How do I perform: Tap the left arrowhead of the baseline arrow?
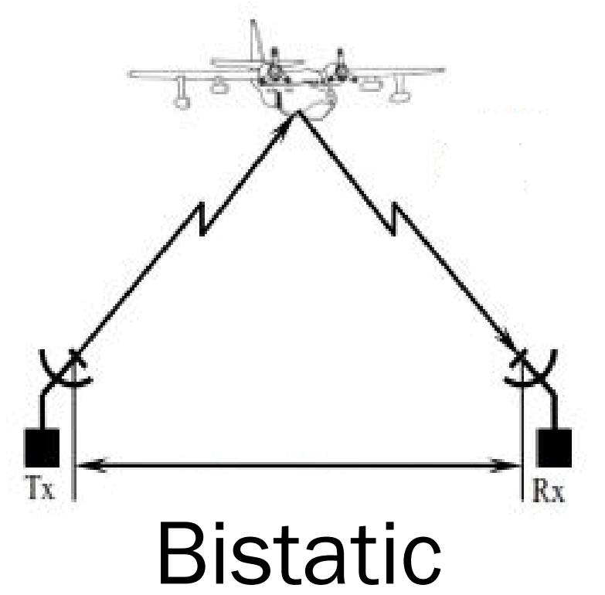(x=83, y=465)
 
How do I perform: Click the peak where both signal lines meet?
(x=297, y=114)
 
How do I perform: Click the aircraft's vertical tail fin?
(x=253, y=42)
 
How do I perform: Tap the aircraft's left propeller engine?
(x=273, y=75)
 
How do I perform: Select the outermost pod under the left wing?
(x=182, y=99)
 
